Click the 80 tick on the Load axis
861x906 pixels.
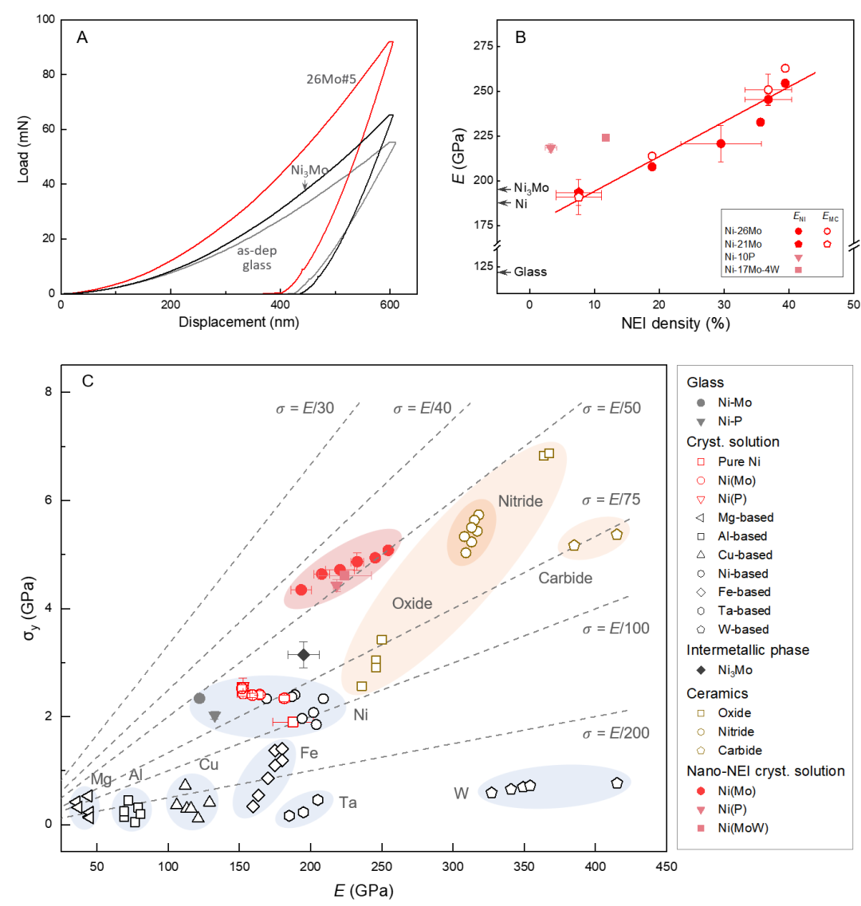[x=44, y=75]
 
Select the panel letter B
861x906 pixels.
[x=520, y=37]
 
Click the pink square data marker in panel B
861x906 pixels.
[x=606, y=137]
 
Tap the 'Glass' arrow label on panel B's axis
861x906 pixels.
[x=530, y=272]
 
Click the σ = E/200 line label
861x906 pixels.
[x=617, y=733]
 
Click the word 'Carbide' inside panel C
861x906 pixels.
[x=565, y=579]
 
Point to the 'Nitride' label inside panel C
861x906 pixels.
[x=521, y=501]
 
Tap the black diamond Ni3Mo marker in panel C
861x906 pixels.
[x=303, y=655]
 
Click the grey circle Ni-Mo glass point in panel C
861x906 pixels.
[x=199, y=698]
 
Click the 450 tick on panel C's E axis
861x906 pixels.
[x=666, y=867]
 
